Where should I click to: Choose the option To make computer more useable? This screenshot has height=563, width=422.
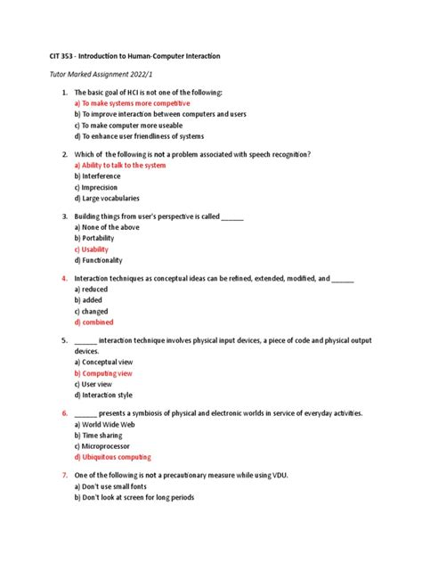[x=130, y=125]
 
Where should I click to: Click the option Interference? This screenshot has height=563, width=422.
[x=101, y=176]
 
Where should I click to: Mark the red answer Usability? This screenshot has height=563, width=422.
[x=94, y=249]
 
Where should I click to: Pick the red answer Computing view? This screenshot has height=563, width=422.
[x=108, y=373]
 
